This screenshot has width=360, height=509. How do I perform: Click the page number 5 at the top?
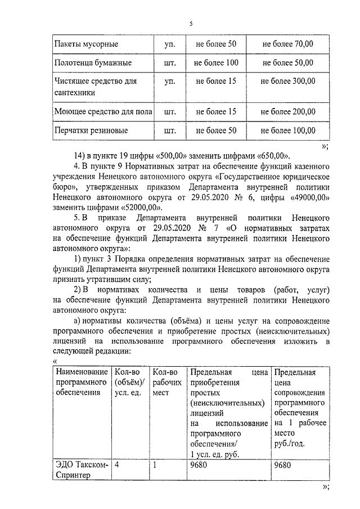point(191,24)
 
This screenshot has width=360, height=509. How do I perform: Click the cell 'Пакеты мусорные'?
point(86,43)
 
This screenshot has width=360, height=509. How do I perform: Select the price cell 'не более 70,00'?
point(287,43)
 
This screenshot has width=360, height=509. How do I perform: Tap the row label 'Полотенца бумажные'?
point(93,62)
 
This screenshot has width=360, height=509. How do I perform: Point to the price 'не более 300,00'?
point(287,81)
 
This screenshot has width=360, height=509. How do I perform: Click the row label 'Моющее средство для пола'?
point(103,111)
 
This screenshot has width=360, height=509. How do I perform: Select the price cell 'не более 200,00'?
point(287,111)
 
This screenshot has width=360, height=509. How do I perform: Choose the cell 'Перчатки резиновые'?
point(91,130)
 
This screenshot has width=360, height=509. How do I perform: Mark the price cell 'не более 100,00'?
point(287,130)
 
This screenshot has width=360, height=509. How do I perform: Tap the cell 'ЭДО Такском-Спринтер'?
point(81,470)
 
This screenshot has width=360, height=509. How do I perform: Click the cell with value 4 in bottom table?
point(116,465)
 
